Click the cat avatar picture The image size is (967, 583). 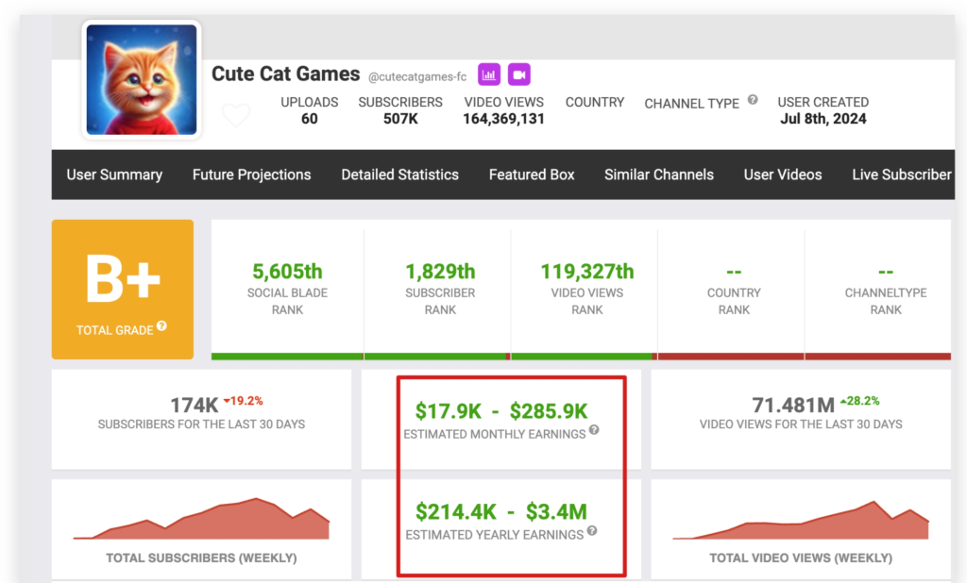click(142, 79)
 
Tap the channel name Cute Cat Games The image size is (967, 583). click(285, 74)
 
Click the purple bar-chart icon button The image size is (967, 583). click(488, 74)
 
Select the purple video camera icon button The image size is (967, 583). click(518, 74)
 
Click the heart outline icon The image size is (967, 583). click(236, 115)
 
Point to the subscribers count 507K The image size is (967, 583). click(400, 119)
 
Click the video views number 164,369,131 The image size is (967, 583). click(503, 119)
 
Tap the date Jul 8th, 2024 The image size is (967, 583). click(823, 119)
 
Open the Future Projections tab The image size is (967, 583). click(251, 175)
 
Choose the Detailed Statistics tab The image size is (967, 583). click(399, 175)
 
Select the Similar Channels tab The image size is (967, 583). click(659, 175)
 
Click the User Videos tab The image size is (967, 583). click(783, 175)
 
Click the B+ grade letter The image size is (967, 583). click(123, 280)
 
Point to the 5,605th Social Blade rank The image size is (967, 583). click(288, 272)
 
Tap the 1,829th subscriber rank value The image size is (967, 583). click(440, 272)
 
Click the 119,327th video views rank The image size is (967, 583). click(586, 272)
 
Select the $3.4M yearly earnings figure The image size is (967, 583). click(557, 512)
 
